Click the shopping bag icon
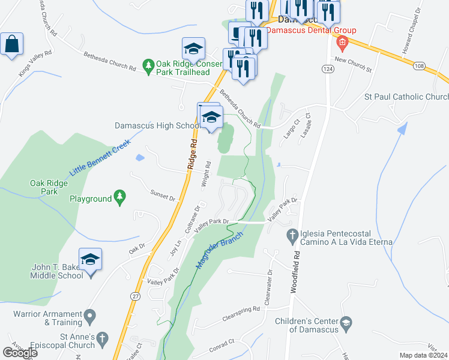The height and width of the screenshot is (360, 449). (11, 44)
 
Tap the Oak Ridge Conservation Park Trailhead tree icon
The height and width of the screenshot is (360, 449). (148, 64)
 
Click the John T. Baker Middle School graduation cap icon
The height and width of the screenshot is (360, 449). (90, 259)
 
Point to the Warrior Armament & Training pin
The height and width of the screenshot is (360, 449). (90, 314)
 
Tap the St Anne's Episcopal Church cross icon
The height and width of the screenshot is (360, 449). (103, 338)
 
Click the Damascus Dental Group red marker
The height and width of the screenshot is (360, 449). (342, 41)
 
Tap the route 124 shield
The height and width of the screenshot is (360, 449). (327, 70)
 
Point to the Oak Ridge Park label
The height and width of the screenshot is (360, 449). (45, 187)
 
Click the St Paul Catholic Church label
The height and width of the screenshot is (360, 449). (406, 97)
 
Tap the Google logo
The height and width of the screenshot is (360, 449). (20, 352)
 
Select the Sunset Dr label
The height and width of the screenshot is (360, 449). (163, 196)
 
